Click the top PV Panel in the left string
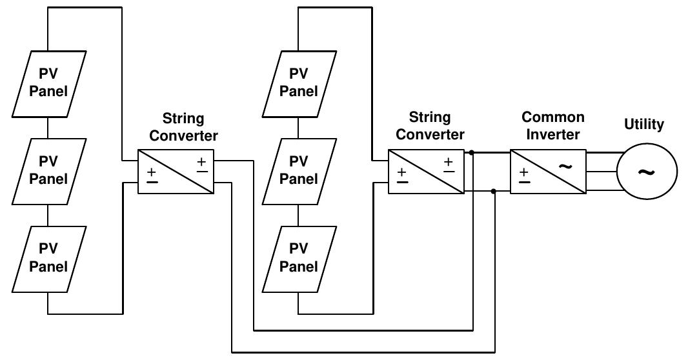pyautogui.click(x=48, y=83)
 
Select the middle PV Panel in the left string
pyautogui.click(x=48, y=171)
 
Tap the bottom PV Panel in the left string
pyautogui.click(x=48, y=258)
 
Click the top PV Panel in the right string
pyautogui.click(x=299, y=83)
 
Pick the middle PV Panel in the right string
pyautogui.click(x=299, y=171)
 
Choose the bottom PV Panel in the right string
pyautogui.click(x=299, y=258)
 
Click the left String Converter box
pyautogui.click(x=176, y=172)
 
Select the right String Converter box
pyautogui.click(x=426, y=172)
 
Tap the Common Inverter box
pyautogui.click(x=548, y=172)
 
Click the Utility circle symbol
pyautogui.click(x=647, y=172)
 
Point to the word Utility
pyautogui.click(x=643, y=125)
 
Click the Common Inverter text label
pyautogui.click(x=552, y=126)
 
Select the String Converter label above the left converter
pyautogui.click(x=183, y=127)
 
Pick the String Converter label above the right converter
pyautogui.click(x=430, y=126)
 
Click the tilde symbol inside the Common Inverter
pyautogui.click(x=565, y=166)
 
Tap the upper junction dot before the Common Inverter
pyautogui.click(x=473, y=153)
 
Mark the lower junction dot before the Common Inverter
pyautogui.click(x=494, y=191)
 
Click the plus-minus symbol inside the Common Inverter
pyautogui.click(x=525, y=175)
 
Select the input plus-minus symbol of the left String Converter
pyautogui.click(x=152, y=175)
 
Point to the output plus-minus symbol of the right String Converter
pyautogui.click(x=448, y=166)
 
